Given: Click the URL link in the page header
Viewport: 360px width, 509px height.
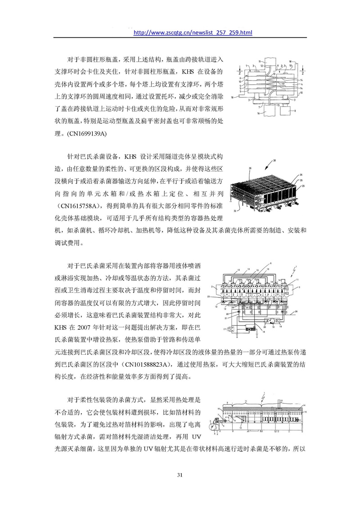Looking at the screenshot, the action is [193, 32].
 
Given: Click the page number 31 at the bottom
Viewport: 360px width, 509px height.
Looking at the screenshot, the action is [180, 475].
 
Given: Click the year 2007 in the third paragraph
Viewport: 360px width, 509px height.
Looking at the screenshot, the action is [84, 327].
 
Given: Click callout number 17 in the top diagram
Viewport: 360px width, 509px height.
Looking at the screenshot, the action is [283, 83].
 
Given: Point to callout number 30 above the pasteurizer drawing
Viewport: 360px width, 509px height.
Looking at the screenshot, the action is [274, 160].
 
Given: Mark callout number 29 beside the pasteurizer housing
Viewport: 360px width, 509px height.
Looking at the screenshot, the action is [303, 186].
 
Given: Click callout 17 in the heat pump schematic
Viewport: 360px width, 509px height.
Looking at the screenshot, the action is [224, 329].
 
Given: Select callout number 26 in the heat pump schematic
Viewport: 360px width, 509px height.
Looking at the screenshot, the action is [296, 311].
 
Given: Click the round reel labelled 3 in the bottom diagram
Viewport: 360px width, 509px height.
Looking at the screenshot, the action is [215, 424].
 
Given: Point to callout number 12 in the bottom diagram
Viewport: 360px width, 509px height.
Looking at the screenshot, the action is [240, 428].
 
